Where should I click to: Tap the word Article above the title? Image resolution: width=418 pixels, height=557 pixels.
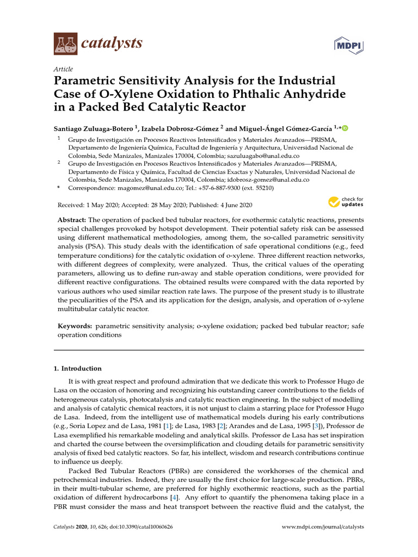[x=63, y=69]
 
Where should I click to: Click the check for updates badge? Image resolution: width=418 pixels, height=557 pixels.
[x=346, y=202]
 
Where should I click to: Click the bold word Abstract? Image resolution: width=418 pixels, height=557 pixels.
[x=72, y=220]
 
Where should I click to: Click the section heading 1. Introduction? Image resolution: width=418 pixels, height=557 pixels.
[x=77, y=368]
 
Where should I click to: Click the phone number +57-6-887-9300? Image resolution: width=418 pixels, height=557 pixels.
[x=219, y=188]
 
